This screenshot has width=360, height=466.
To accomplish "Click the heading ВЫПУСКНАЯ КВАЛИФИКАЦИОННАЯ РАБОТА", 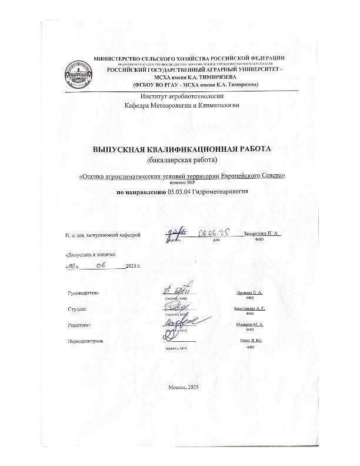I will pyautogui.click(x=182, y=149).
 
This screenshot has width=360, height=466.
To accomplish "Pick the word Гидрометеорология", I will pyautogui.click(x=221, y=191).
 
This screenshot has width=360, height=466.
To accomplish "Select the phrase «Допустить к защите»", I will pyautogui.click(x=86, y=255).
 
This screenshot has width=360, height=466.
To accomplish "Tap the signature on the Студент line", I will pyautogui.click(x=175, y=307).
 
